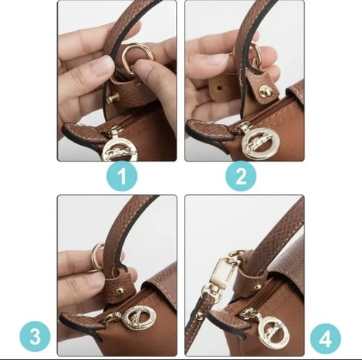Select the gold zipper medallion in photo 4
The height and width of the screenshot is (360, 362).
[x=267, y=330]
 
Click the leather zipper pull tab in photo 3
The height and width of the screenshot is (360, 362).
[x=80, y=319]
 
